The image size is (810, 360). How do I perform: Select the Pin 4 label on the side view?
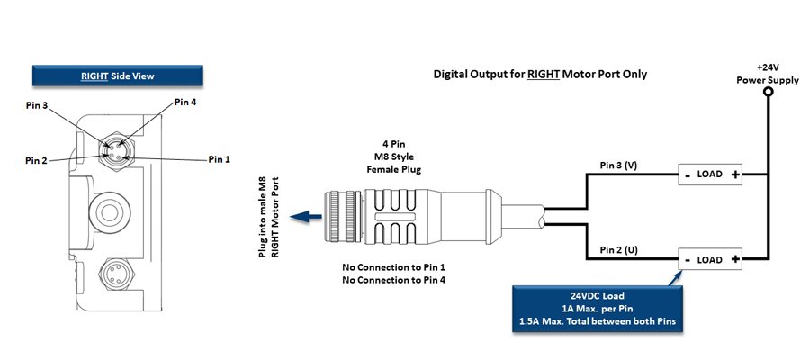[184, 103]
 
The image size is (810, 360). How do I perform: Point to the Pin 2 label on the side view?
[37, 159]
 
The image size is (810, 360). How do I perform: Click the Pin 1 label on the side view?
[220, 159]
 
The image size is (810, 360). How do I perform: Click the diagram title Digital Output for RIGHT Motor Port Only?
[540, 74]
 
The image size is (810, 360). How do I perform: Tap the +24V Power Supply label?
[767, 73]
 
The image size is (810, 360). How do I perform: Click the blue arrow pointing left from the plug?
[311, 216]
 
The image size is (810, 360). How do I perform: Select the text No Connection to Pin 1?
[393, 267]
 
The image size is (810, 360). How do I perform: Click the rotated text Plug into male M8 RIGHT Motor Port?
[269, 216]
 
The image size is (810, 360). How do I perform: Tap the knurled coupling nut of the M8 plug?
[341, 215]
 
